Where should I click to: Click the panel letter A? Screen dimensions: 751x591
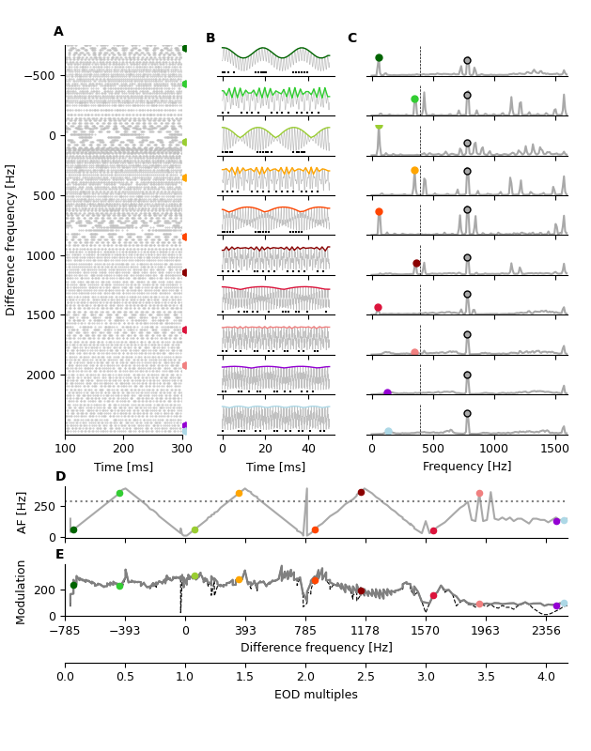(58, 32)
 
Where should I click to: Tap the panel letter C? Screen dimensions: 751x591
(351, 38)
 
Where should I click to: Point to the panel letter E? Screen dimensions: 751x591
(60, 555)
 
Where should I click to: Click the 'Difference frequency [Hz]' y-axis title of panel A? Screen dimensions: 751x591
(11, 239)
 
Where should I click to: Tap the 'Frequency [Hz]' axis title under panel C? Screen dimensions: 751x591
(467, 467)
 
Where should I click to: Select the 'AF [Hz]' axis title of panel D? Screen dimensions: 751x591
(23, 513)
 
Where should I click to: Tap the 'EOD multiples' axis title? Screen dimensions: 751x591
(316, 696)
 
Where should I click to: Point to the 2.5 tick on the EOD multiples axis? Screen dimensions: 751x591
(365, 677)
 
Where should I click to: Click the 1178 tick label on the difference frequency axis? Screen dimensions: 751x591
(365, 632)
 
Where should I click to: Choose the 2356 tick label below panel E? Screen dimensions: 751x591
(546, 632)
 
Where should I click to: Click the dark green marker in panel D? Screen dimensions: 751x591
(73, 530)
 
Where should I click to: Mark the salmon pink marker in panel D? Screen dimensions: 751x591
(479, 494)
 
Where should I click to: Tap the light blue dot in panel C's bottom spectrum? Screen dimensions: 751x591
(388, 432)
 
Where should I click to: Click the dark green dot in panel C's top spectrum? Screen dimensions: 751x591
(379, 58)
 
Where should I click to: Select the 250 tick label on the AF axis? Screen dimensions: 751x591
(44, 507)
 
